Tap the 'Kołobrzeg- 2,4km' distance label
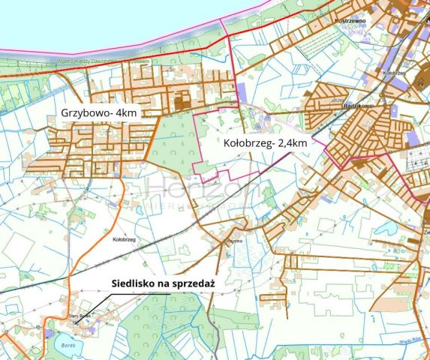[x=266, y=142]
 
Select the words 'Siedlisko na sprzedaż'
[x=163, y=284]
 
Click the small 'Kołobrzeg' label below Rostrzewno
[x=389, y=73]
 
